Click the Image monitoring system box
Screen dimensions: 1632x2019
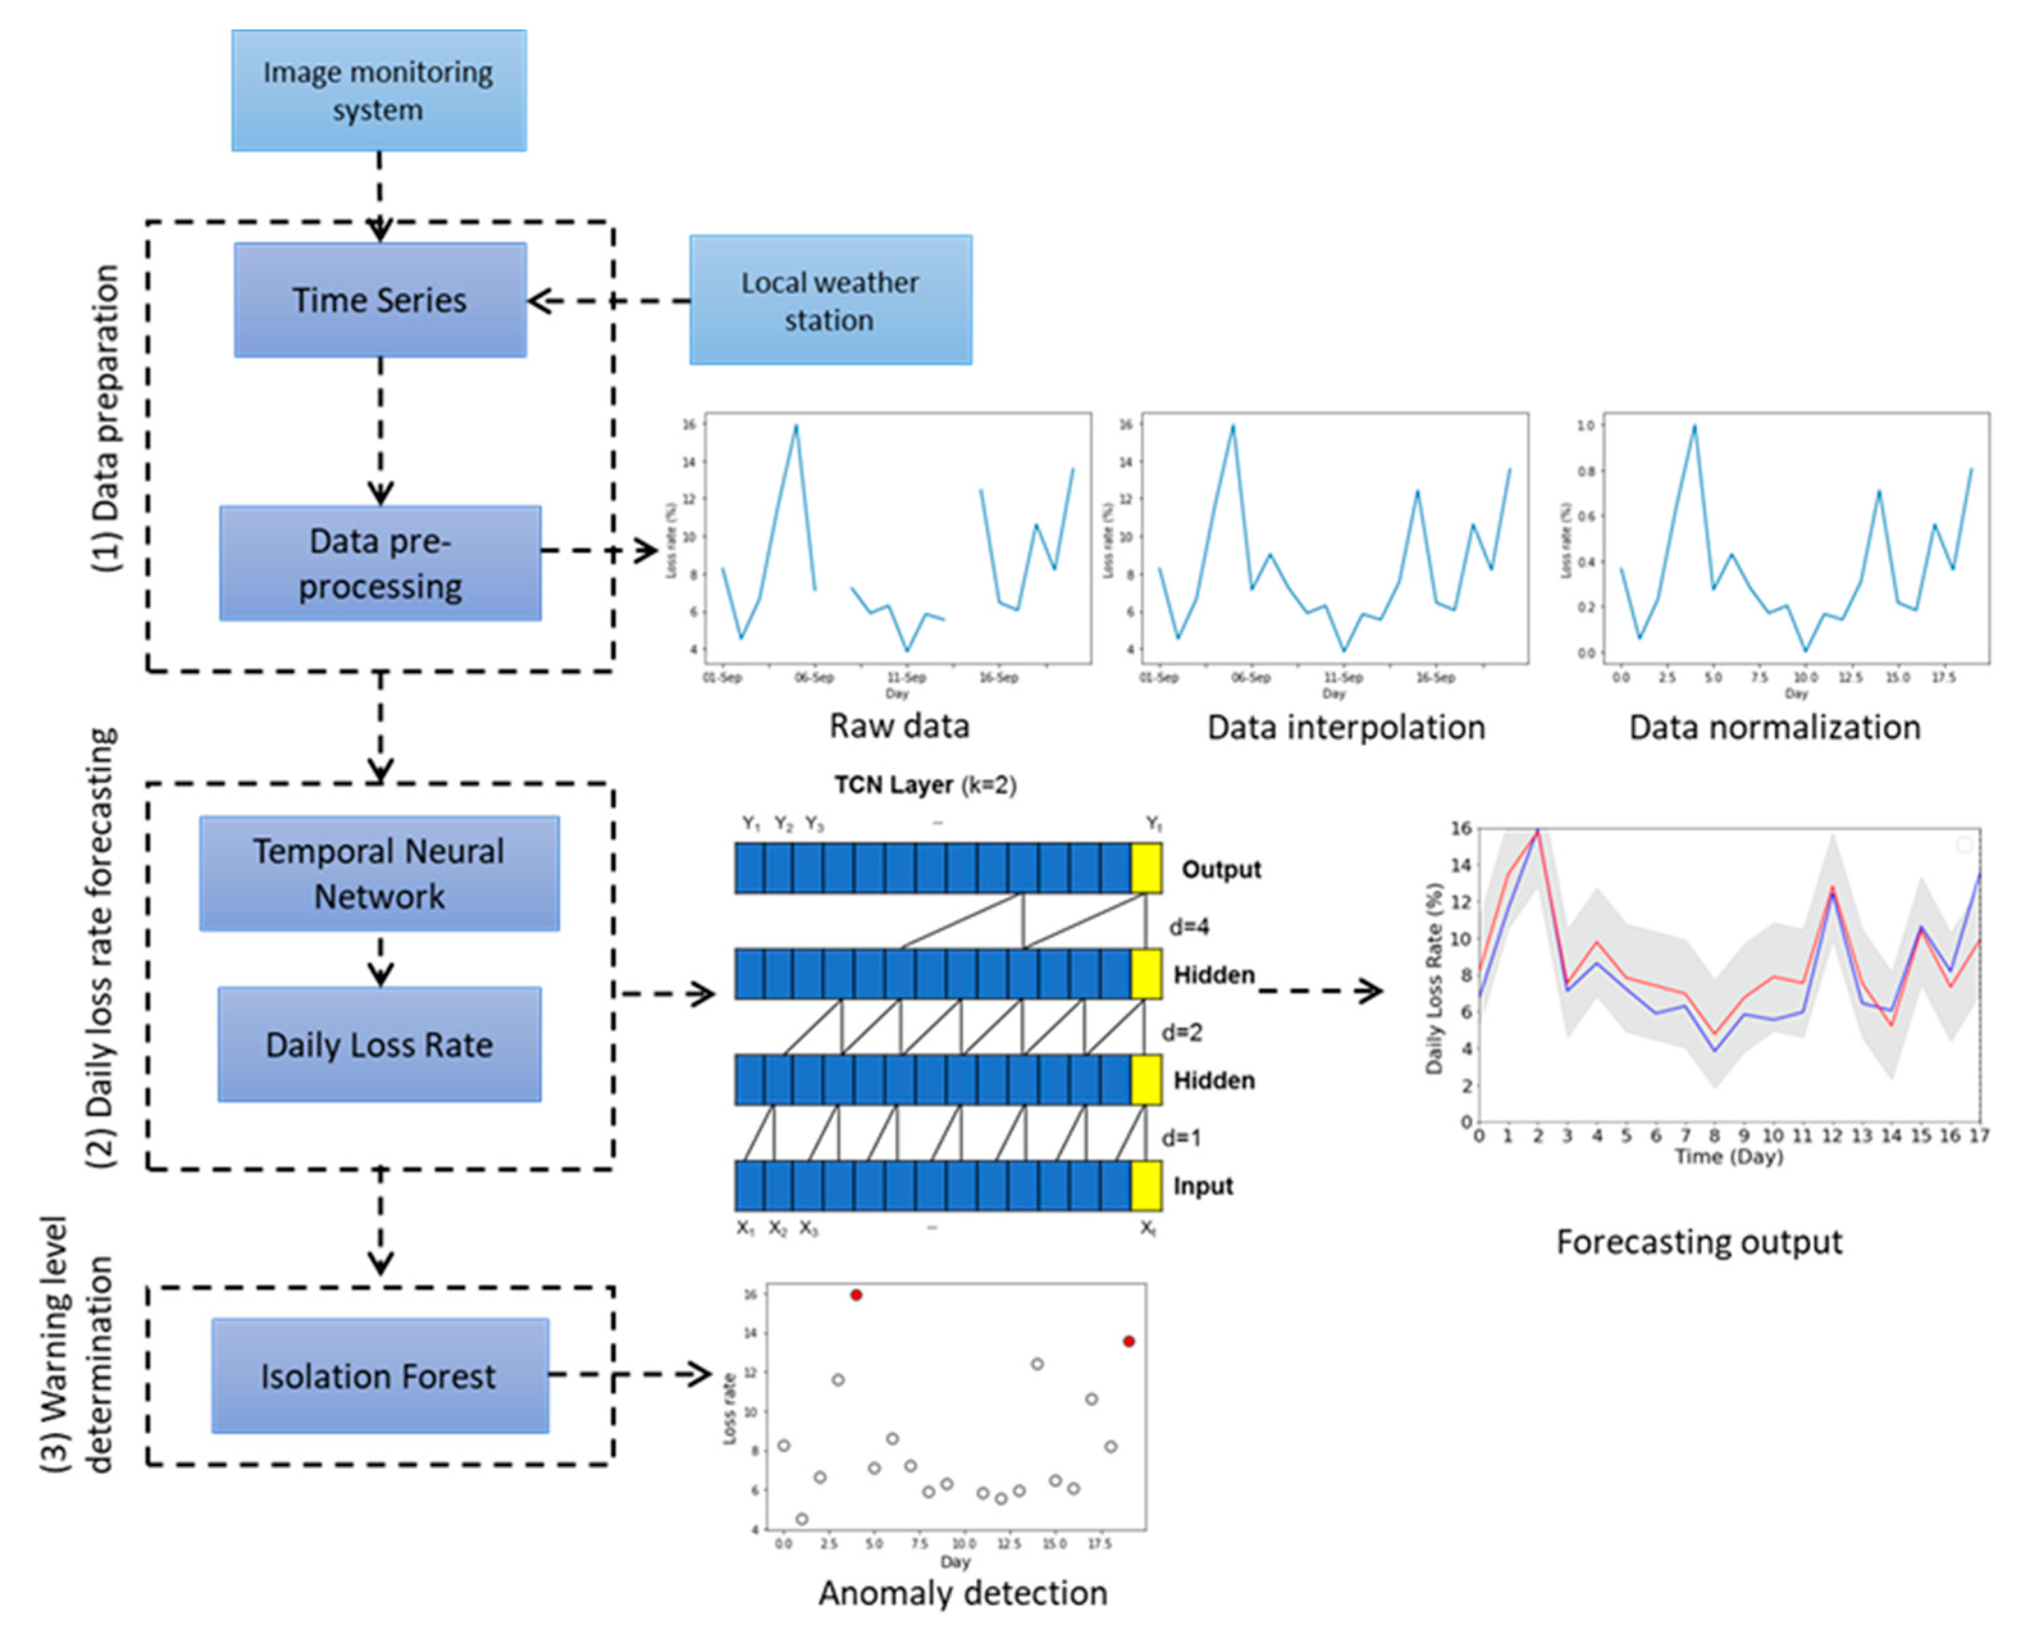point(379,90)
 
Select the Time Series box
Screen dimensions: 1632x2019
point(380,300)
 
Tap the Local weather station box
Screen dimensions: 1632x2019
point(830,300)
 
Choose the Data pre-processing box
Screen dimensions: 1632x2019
point(380,563)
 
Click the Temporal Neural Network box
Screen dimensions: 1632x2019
point(379,873)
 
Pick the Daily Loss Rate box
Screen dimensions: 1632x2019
point(379,1044)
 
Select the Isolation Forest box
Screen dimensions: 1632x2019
point(379,1375)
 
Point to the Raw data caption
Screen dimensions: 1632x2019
point(899,726)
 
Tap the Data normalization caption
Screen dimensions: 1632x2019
point(1774,727)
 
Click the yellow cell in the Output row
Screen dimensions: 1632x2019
point(1146,868)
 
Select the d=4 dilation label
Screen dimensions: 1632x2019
point(1188,927)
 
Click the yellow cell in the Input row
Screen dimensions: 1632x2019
point(1146,1186)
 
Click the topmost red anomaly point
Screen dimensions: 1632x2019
point(855,1295)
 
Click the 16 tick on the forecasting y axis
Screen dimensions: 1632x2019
point(1461,828)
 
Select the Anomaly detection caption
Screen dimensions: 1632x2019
point(963,1592)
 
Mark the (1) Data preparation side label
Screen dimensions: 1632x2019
point(106,418)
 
